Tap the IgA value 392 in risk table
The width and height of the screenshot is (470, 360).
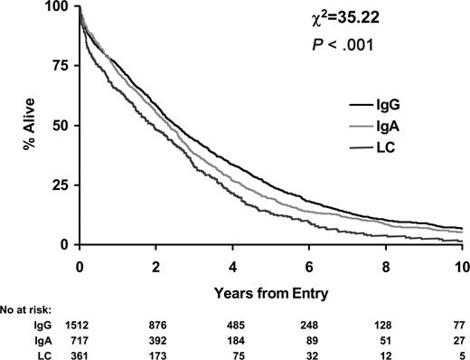pyautogui.click(x=156, y=338)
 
